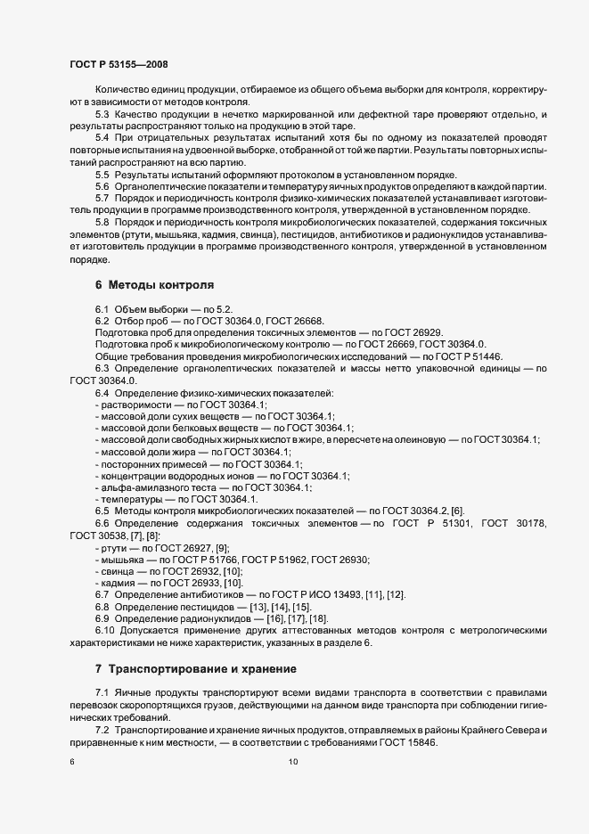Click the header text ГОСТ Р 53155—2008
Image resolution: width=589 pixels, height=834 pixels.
coord(118,64)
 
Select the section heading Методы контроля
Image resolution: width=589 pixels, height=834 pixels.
coord(160,286)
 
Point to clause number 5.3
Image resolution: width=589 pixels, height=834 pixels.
coord(102,115)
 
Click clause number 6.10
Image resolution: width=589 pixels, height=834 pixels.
coord(105,631)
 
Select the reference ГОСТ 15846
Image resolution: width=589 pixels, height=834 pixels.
coord(410,743)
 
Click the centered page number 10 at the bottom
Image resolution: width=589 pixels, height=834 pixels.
coord(293,762)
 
